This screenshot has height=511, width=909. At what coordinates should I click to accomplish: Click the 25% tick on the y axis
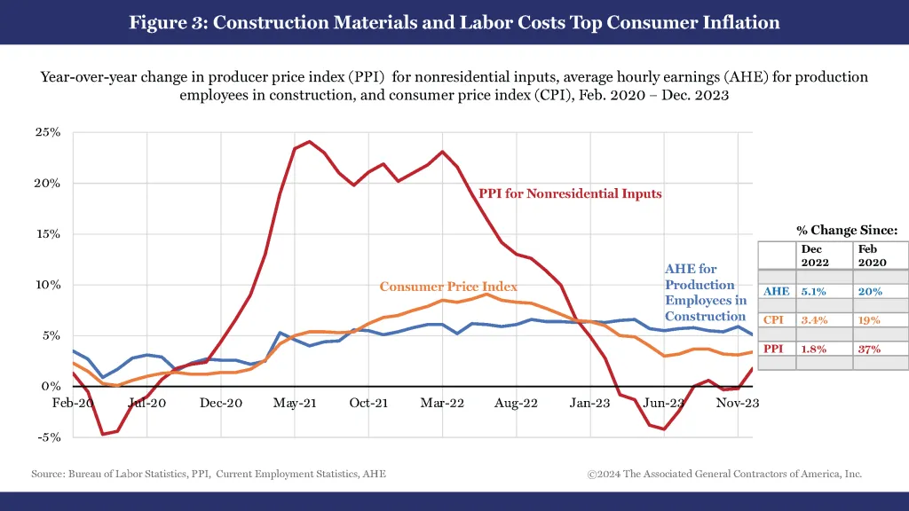tap(48, 133)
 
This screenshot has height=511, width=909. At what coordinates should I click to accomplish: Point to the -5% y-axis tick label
tap(48, 437)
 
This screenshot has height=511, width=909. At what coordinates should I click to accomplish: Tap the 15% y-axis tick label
tap(48, 234)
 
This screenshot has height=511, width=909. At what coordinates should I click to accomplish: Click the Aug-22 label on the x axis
tap(516, 403)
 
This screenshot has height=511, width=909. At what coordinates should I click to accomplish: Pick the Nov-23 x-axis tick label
tap(738, 403)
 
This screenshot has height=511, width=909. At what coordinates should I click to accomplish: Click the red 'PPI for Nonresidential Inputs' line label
tap(570, 193)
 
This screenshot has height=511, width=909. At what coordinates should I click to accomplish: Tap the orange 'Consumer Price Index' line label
tap(448, 287)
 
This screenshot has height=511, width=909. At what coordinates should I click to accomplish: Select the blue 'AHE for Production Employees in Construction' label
tap(706, 293)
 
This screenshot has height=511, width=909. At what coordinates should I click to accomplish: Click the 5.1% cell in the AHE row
tap(814, 291)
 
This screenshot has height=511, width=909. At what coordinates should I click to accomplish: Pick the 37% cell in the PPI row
tap(870, 349)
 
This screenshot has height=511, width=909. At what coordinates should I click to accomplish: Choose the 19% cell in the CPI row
tap(870, 320)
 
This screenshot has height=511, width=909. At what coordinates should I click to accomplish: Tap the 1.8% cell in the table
tap(814, 349)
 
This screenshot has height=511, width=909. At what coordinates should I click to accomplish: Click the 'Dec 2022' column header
tap(814, 256)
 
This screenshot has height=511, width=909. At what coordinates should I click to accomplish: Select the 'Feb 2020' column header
tap(871, 256)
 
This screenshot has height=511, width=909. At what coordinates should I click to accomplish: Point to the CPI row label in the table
tap(773, 320)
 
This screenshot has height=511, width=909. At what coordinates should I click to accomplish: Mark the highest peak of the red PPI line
tap(309, 141)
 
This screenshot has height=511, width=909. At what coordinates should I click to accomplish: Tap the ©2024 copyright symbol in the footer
tap(592, 474)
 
